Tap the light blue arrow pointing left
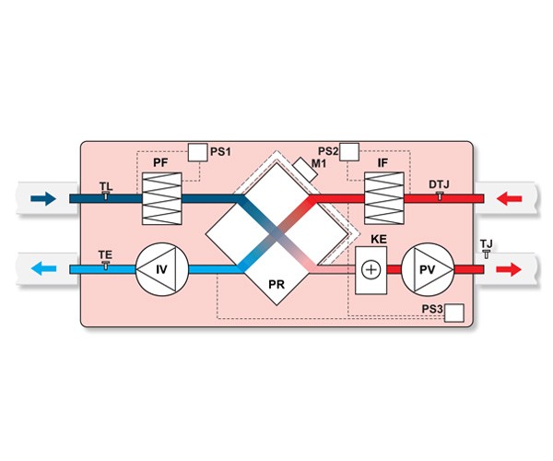click(x=42, y=270)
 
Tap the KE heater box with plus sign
click(x=371, y=270)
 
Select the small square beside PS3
click(x=453, y=313)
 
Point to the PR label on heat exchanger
click(x=275, y=286)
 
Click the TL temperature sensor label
click(x=106, y=186)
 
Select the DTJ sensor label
click(x=440, y=185)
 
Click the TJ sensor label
click(x=487, y=243)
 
